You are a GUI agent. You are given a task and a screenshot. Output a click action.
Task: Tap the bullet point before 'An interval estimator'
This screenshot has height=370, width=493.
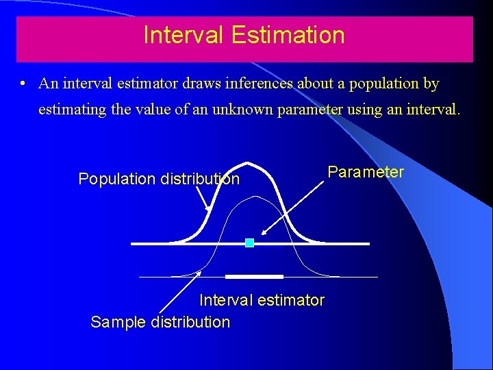23,84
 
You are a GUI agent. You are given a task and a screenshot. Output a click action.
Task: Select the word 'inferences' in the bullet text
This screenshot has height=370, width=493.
258,84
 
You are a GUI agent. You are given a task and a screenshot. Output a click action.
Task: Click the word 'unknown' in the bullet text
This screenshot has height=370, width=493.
240,110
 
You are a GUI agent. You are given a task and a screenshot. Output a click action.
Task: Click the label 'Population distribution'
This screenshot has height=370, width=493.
159,179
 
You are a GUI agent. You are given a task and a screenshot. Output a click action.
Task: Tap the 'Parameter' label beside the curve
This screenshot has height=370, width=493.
366,171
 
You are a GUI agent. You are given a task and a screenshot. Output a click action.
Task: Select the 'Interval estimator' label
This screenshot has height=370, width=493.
262,300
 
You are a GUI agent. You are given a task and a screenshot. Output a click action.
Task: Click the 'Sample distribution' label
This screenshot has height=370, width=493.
160,322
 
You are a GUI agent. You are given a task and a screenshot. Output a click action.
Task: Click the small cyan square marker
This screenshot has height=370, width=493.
249,243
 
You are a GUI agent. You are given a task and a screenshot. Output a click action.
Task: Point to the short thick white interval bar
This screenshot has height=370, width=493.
254,277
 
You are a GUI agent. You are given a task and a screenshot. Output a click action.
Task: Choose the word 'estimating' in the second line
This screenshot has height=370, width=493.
72,110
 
